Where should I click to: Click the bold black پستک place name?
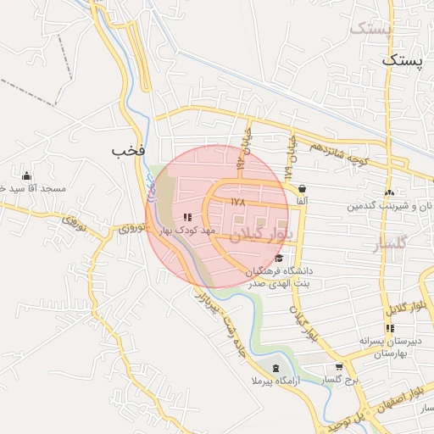point(401,60)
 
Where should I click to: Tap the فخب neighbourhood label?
point(129,151)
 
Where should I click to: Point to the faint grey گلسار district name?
point(391,245)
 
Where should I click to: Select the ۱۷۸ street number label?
point(237,203)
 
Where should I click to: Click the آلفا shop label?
point(302,203)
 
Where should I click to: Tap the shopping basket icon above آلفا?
point(303,189)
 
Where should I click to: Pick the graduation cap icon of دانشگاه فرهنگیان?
point(280,258)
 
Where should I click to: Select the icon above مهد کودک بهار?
point(187,218)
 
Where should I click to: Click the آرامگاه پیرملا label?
point(276,381)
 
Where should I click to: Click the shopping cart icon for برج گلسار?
point(340,368)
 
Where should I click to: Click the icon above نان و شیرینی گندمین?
point(389,192)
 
